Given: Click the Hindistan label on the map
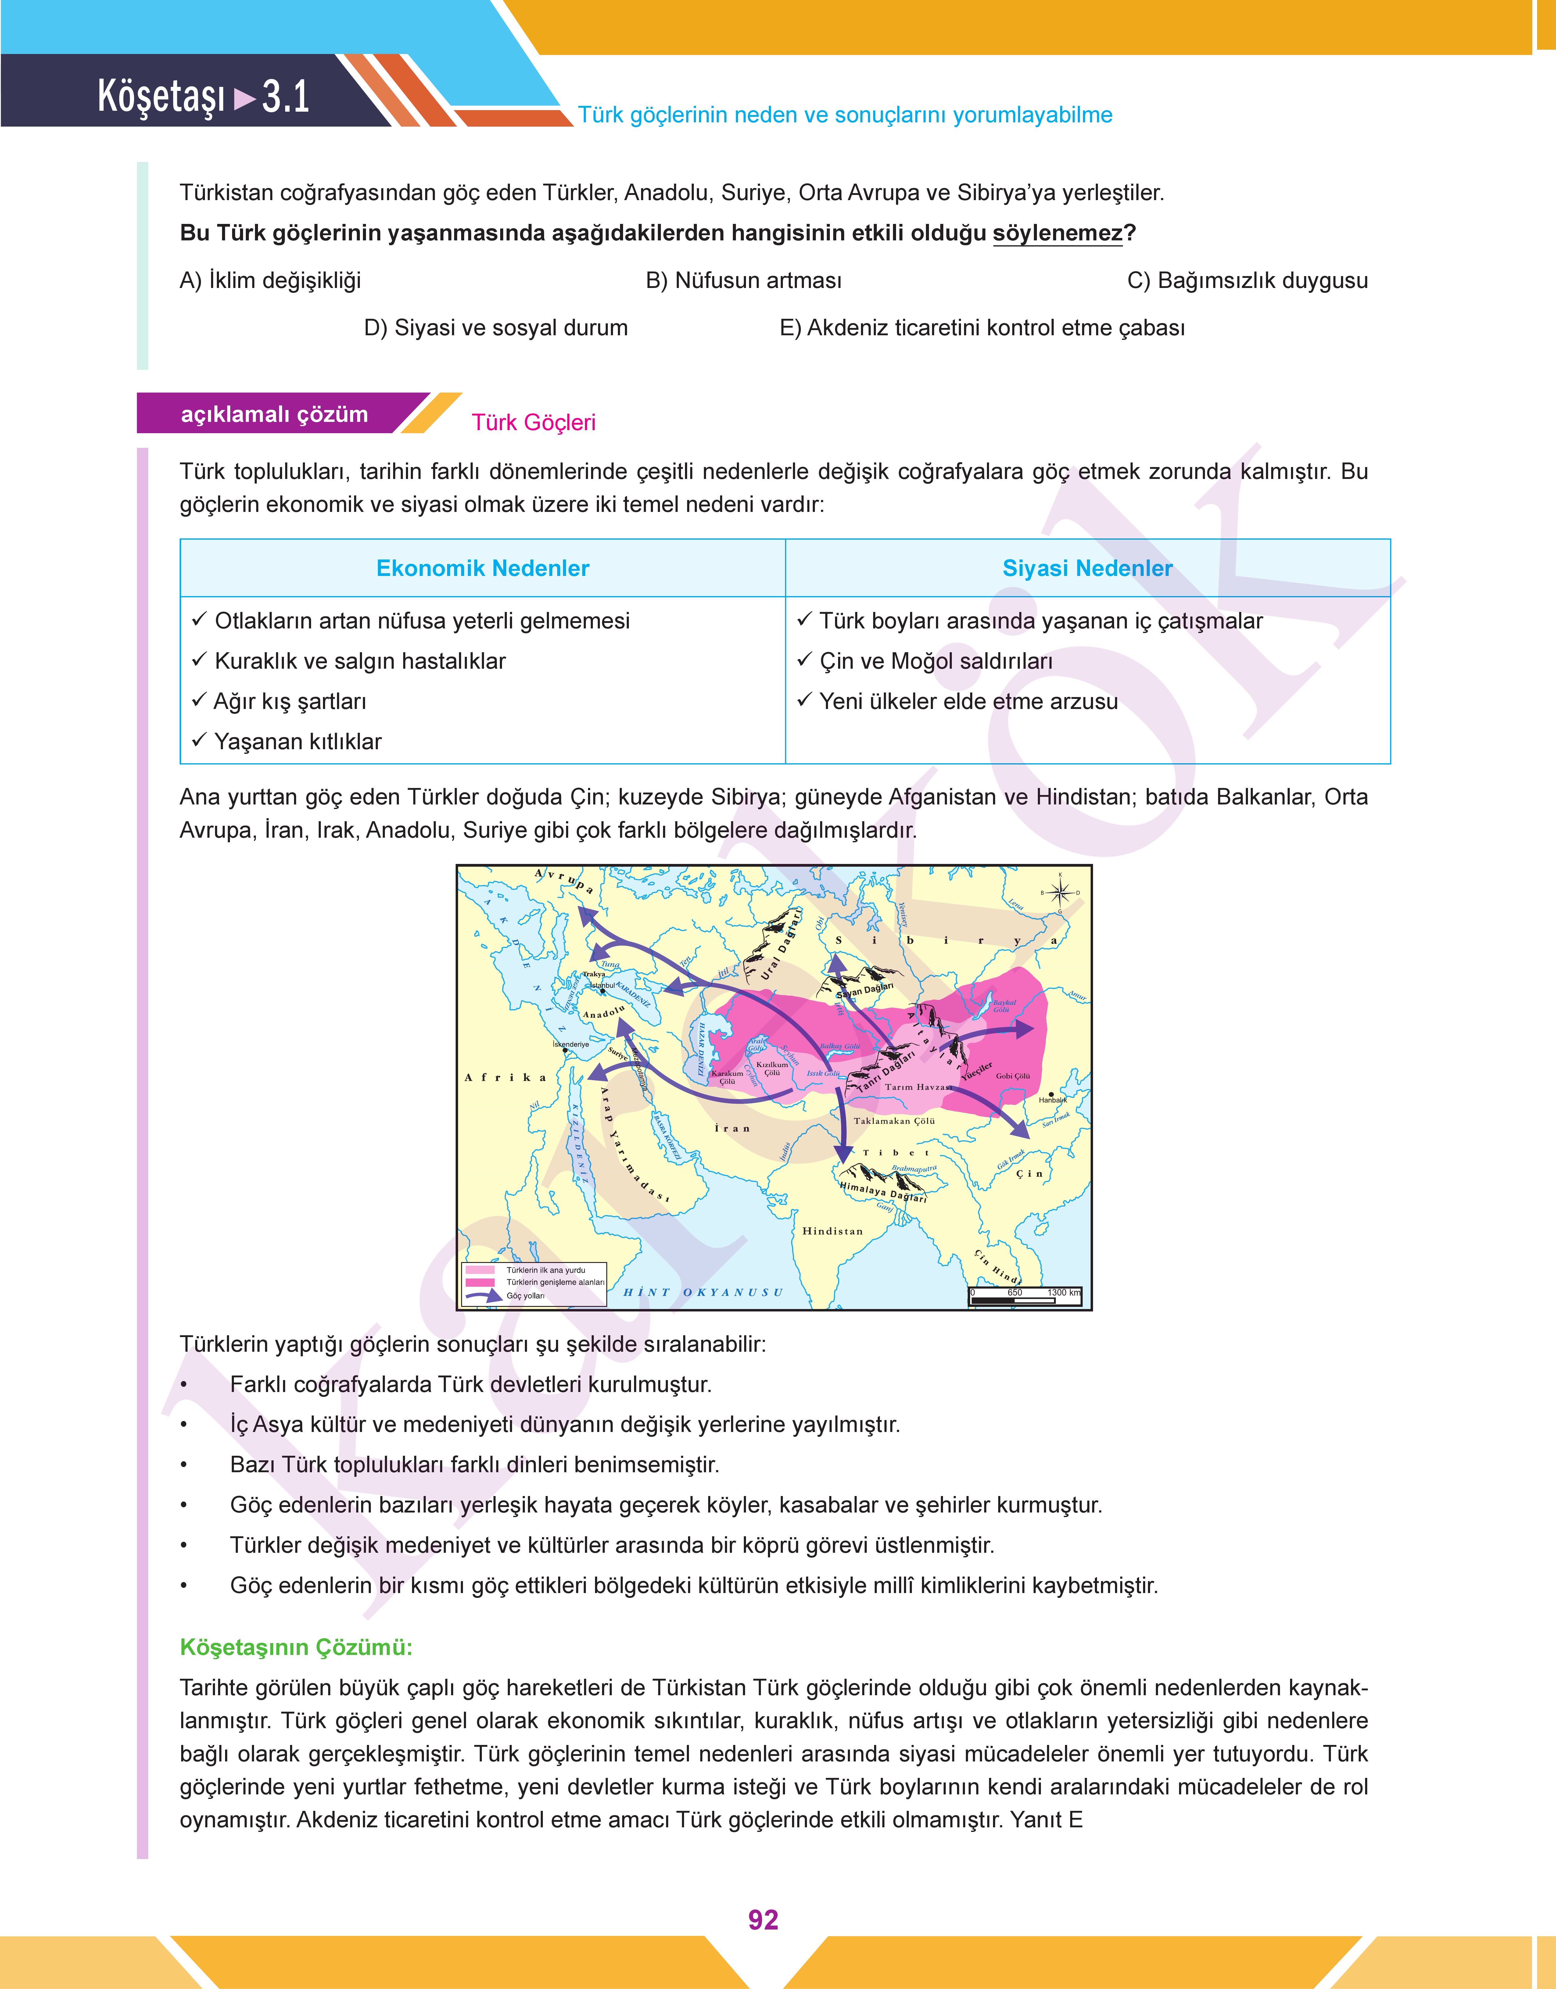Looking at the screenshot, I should click(x=832, y=1231).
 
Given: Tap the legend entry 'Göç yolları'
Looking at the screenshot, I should click(x=526, y=1296).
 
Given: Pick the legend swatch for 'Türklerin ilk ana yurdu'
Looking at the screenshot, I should click(x=480, y=1269).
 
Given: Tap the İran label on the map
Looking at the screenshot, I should click(x=733, y=1128).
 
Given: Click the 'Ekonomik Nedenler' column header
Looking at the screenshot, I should click(x=483, y=569).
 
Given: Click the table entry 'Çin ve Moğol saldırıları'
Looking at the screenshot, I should click(x=936, y=661).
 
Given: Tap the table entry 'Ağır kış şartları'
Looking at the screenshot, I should click(x=290, y=702).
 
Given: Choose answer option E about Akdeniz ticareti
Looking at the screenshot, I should click(x=982, y=328).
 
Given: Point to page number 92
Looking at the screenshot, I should click(x=762, y=1920).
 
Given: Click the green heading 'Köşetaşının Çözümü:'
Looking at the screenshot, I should click(x=296, y=1647).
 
